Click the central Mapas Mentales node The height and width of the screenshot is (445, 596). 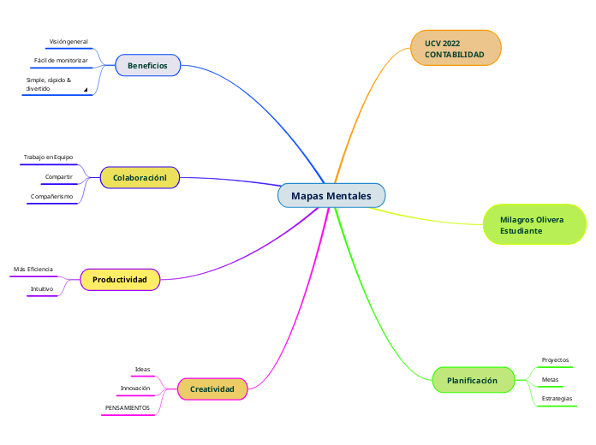[331, 196]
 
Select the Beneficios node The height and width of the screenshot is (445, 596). [147, 66]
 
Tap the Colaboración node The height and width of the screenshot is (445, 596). [140, 177]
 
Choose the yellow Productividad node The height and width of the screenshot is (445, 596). [120, 280]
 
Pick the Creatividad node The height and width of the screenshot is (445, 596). [212, 389]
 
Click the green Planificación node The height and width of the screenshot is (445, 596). [472, 380]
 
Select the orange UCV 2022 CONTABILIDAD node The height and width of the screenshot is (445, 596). [455, 49]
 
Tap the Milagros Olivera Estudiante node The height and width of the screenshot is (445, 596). [533, 225]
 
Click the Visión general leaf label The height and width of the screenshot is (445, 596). [69, 41]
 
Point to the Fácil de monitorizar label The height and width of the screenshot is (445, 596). [61, 61]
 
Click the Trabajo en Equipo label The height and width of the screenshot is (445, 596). [48, 157]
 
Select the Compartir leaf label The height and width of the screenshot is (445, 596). [59, 177]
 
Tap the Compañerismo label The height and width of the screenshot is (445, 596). [51, 197]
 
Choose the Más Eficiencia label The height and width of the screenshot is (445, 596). [33, 270]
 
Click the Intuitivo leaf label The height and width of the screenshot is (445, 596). [42, 289]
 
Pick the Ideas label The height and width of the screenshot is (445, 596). [142, 370]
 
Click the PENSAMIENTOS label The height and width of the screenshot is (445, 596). [128, 408]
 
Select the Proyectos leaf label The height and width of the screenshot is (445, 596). [555, 360]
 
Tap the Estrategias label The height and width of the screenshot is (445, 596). [557, 399]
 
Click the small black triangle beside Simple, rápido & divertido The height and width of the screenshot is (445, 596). [86, 89]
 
